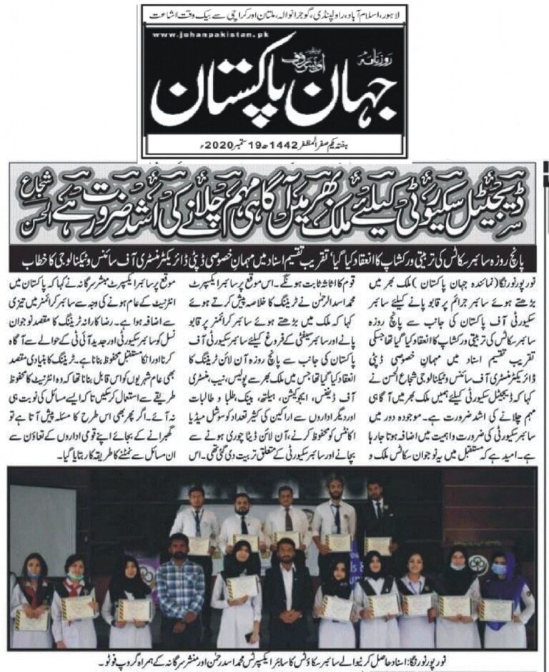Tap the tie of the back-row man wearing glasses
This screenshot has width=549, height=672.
click(x=288, y=518)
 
